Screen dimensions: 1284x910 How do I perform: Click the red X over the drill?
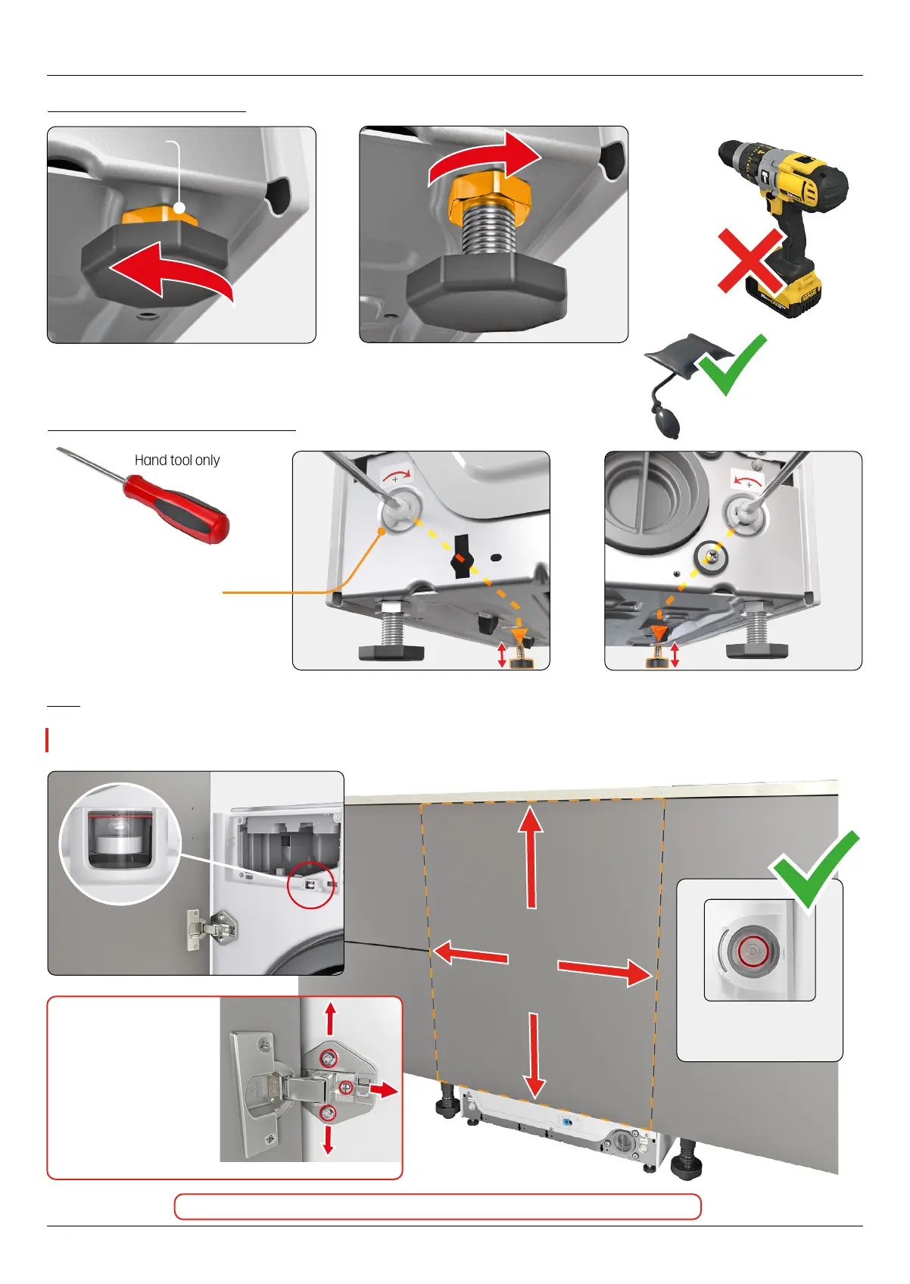(x=750, y=261)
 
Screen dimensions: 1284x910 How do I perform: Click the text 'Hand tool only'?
(x=177, y=461)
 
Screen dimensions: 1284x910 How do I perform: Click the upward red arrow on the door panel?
(x=531, y=856)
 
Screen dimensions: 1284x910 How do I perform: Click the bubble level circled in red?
(x=752, y=950)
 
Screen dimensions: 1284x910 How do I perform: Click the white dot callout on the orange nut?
(x=179, y=208)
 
